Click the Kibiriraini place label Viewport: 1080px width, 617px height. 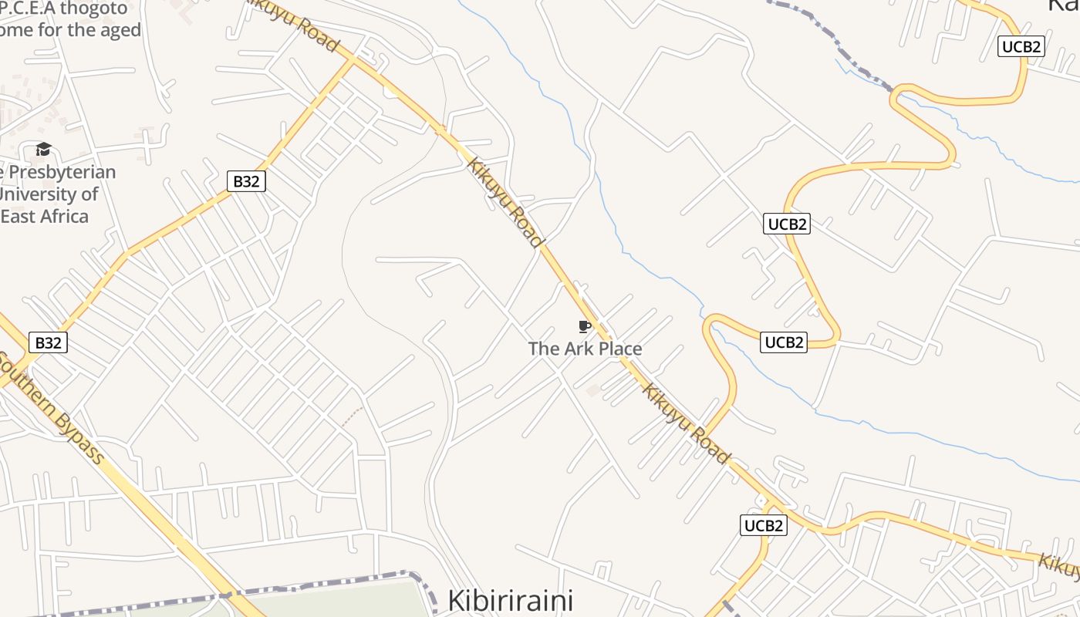tap(511, 600)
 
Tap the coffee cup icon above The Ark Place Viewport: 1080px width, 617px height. tap(584, 326)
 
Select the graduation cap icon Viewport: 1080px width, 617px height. tap(43, 149)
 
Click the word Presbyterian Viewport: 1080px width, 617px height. tap(62, 172)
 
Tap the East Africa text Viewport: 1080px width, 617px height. tap(45, 216)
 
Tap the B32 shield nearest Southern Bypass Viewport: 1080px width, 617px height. tap(48, 342)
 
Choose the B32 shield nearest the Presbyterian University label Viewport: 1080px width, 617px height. tap(246, 181)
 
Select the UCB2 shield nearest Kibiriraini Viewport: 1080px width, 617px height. tap(764, 525)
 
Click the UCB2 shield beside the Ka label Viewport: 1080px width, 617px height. tap(1021, 46)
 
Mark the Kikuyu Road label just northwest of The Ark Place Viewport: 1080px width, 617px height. tap(505, 202)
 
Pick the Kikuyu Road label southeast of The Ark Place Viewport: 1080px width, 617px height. tap(686, 423)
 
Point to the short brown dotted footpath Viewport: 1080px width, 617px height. tap(352, 416)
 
